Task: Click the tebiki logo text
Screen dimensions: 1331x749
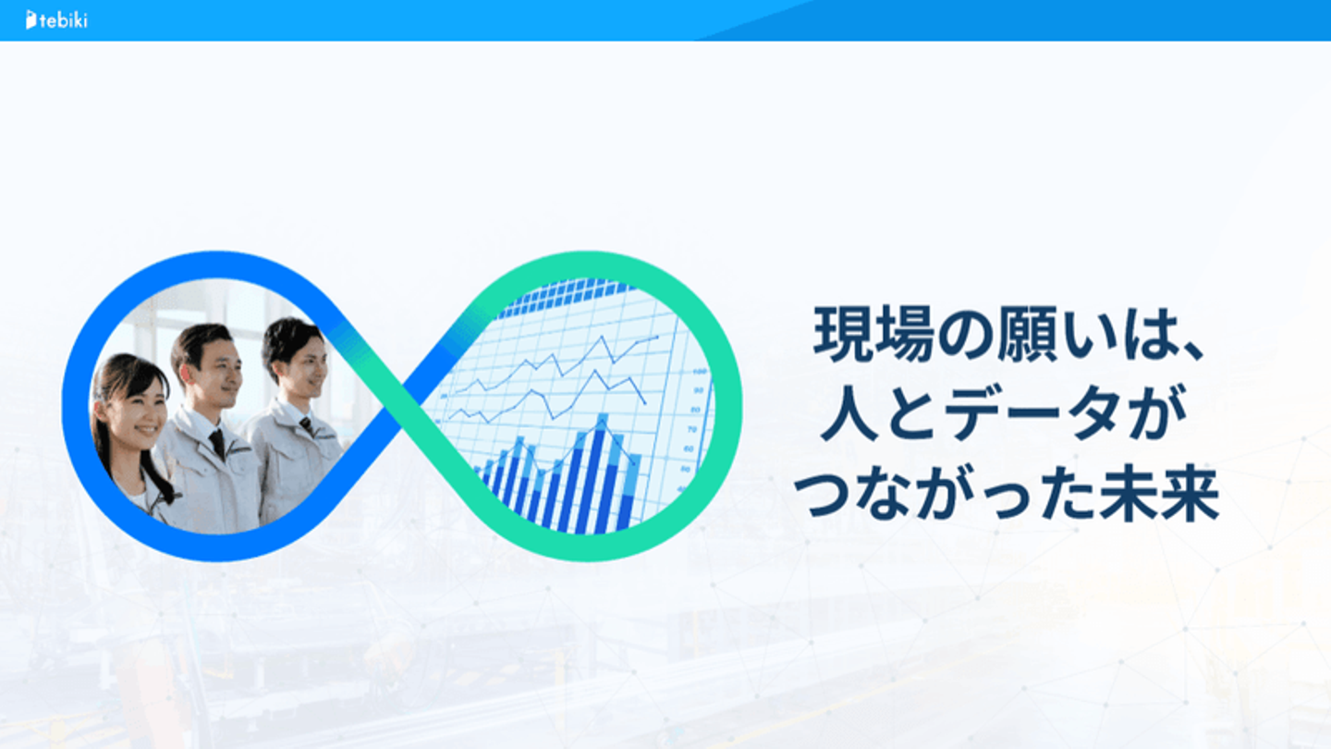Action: click(x=63, y=20)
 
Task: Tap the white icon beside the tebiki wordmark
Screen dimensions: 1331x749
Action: click(x=31, y=19)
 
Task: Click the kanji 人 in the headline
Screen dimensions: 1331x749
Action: click(x=849, y=412)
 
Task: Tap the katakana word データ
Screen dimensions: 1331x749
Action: click(x=1032, y=412)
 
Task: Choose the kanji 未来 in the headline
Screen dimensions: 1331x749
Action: click(x=1160, y=493)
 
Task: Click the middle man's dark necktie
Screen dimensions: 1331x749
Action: click(x=217, y=444)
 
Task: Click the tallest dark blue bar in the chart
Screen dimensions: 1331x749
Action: click(x=595, y=482)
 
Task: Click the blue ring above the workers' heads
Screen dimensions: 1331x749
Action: click(x=214, y=264)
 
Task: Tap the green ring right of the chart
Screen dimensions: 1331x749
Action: click(x=728, y=405)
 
